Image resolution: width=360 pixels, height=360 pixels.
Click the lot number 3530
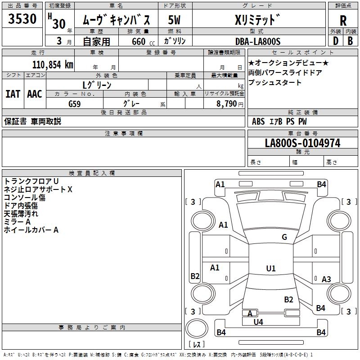(x=22, y=19)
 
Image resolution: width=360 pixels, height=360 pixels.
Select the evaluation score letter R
(x=343, y=20)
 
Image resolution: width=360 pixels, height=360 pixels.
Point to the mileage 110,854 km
(x=53, y=64)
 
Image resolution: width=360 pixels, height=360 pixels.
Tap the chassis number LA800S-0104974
(x=302, y=143)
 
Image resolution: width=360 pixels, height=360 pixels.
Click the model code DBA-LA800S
(x=258, y=41)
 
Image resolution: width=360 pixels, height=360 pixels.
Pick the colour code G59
(x=75, y=103)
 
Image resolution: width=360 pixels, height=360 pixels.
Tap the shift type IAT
(x=13, y=94)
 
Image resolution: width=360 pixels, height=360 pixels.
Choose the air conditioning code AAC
(x=35, y=94)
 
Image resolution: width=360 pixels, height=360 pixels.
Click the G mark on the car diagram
(x=284, y=237)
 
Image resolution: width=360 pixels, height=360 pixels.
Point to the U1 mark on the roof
(x=270, y=268)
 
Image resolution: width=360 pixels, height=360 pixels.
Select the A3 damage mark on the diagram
(x=326, y=279)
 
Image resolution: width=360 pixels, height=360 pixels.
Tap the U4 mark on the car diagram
(x=258, y=322)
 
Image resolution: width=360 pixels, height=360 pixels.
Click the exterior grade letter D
(x=335, y=41)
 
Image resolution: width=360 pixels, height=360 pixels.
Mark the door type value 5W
(x=175, y=20)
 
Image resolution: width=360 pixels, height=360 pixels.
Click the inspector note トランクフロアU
(x=31, y=181)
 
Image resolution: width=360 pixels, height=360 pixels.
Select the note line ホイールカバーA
(x=31, y=230)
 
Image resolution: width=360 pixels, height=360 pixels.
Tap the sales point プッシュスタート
(x=275, y=83)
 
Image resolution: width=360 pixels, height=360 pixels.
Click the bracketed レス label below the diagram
(x=196, y=344)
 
